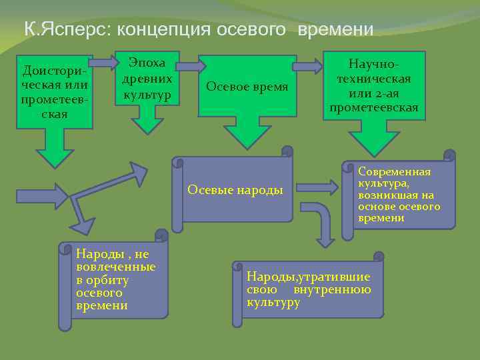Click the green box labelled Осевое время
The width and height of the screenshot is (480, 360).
point(247,87)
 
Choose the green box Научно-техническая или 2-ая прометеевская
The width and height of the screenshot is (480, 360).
point(374,85)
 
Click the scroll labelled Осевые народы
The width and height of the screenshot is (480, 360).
point(236,190)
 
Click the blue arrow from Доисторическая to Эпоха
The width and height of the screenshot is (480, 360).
point(103,63)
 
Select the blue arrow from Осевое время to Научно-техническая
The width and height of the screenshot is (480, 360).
point(307,66)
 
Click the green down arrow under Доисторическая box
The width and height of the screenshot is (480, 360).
point(55,147)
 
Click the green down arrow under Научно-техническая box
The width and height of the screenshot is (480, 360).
point(373,139)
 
